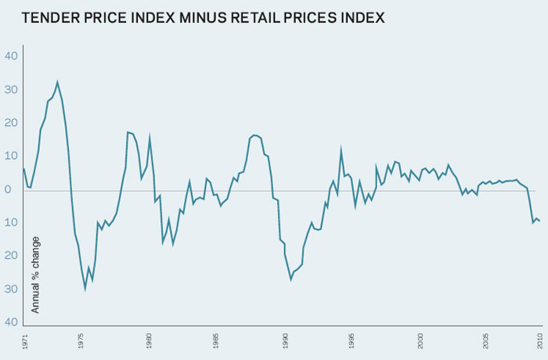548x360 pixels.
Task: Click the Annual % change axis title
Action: coord(35,274)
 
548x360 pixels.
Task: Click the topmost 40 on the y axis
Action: coord(11,56)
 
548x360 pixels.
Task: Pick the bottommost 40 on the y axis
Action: coord(11,322)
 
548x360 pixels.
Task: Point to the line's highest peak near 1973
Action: coord(57,81)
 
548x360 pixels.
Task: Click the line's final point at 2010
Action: coord(539,221)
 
